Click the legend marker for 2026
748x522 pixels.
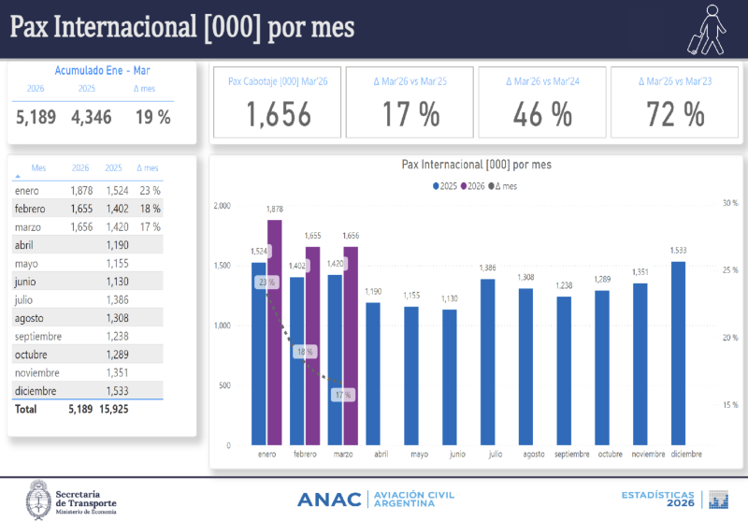click(x=464, y=186)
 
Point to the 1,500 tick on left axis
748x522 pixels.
click(x=222, y=266)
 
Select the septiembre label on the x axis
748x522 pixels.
click(x=571, y=455)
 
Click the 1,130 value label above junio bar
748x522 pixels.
click(x=449, y=298)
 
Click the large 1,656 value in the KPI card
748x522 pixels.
click(x=279, y=114)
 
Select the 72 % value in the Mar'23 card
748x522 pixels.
click(x=675, y=114)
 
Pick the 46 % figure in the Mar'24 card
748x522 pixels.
click(x=542, y=114)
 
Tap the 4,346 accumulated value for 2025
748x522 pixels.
click(x=91, y=118)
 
